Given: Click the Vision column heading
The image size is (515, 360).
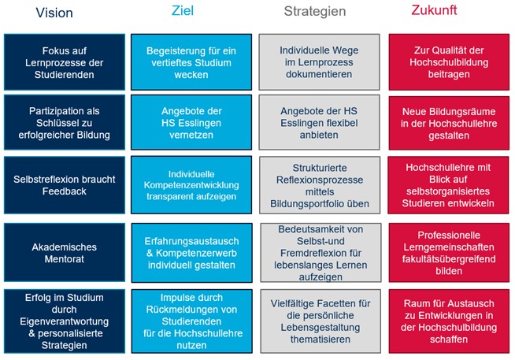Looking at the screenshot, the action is (x=54, y=13).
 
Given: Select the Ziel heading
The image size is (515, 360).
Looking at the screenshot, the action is (x=183, y=10).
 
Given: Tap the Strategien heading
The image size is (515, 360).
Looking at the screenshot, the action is (x=315, y=12).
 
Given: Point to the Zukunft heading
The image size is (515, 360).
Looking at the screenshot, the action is (x=434, y=10).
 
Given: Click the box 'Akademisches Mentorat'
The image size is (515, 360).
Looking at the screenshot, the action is (x=65, y=252).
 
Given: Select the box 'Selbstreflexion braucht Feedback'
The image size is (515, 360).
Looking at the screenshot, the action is (x=65, y=185).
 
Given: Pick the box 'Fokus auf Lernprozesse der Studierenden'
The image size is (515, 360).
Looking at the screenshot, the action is (x=65, y=61).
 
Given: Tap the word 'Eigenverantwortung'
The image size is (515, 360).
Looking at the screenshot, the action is (x=64, y=321).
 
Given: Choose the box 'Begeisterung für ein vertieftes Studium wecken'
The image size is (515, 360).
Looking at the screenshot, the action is (x=191, y=61).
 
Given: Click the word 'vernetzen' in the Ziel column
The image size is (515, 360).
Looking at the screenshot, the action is (x=191, y=135).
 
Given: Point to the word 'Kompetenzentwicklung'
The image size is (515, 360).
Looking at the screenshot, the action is (x=191, y=185).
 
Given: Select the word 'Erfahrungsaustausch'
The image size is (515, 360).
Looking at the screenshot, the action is (x=191, y=241).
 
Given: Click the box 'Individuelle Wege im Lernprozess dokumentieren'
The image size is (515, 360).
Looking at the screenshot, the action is (x=319, y=61).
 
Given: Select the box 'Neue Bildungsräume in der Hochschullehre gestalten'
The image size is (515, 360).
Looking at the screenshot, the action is (x=449, y=123).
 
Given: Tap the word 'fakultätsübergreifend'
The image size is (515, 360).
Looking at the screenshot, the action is (x=449, y=259).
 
